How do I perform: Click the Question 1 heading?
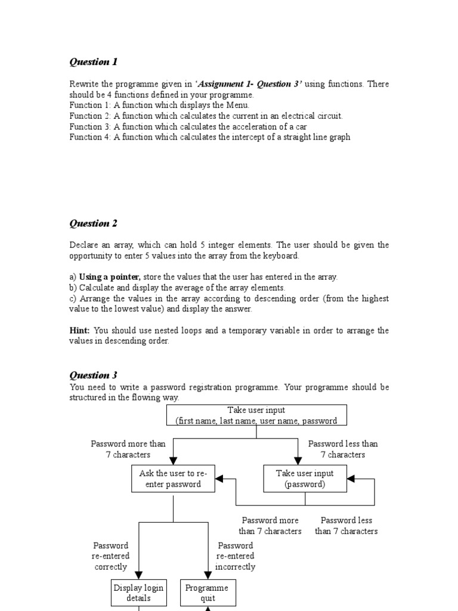click(x=94, y=62)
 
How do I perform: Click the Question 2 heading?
click(x=94, y=224)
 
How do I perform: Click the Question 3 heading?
click(x=94, y=375)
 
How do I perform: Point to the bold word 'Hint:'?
click(x=80, y=331)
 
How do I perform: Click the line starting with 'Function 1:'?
click(x=159, y=105)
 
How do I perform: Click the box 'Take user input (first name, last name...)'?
click(x=256, y=415)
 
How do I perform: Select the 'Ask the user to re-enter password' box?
click(x=173, y=479)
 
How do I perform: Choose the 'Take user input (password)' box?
click(x=305, y=479)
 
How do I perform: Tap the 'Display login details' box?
click(x=138, y=593)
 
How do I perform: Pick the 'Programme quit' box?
click(x=208, y=593)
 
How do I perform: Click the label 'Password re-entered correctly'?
click(x=111, y=556)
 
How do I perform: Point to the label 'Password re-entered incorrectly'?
click(x=236, y=556)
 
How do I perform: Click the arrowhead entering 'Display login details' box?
click(x=139, y=575)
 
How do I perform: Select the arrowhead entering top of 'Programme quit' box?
click(x=208, y=575)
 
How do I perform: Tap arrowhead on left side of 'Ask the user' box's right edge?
click(x=219, y=479)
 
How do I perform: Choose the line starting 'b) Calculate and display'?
click(x=177, y=288)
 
